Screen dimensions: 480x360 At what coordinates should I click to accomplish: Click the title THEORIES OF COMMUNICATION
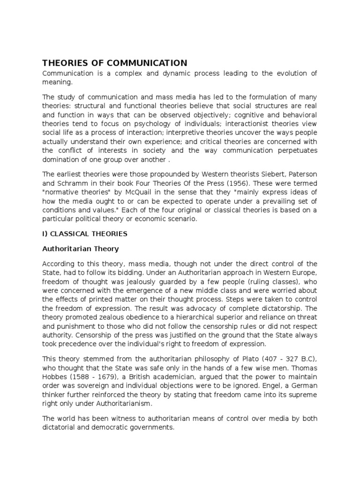[115, 63]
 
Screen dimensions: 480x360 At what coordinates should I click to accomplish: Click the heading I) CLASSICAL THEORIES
[85, 233]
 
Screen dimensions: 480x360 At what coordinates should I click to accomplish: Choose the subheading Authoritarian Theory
[81, 249]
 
